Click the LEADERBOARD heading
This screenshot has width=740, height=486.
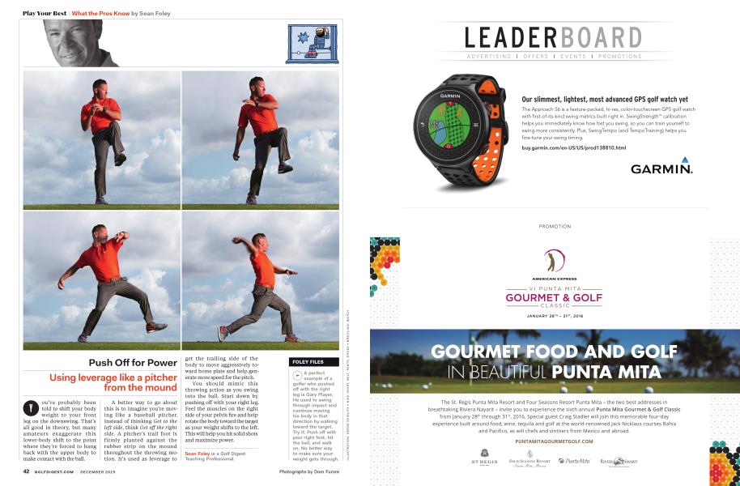554,38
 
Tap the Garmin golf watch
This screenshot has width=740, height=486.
459,130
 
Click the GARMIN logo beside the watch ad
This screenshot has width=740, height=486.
661,168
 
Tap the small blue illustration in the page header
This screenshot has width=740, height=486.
312,44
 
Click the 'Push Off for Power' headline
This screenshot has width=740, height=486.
133,362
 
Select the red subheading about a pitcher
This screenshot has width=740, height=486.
113,382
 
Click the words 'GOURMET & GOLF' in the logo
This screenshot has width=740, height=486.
555,297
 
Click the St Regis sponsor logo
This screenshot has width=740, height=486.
483,459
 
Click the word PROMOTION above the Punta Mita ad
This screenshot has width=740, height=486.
555,226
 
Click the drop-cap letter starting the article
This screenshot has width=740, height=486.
30,406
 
